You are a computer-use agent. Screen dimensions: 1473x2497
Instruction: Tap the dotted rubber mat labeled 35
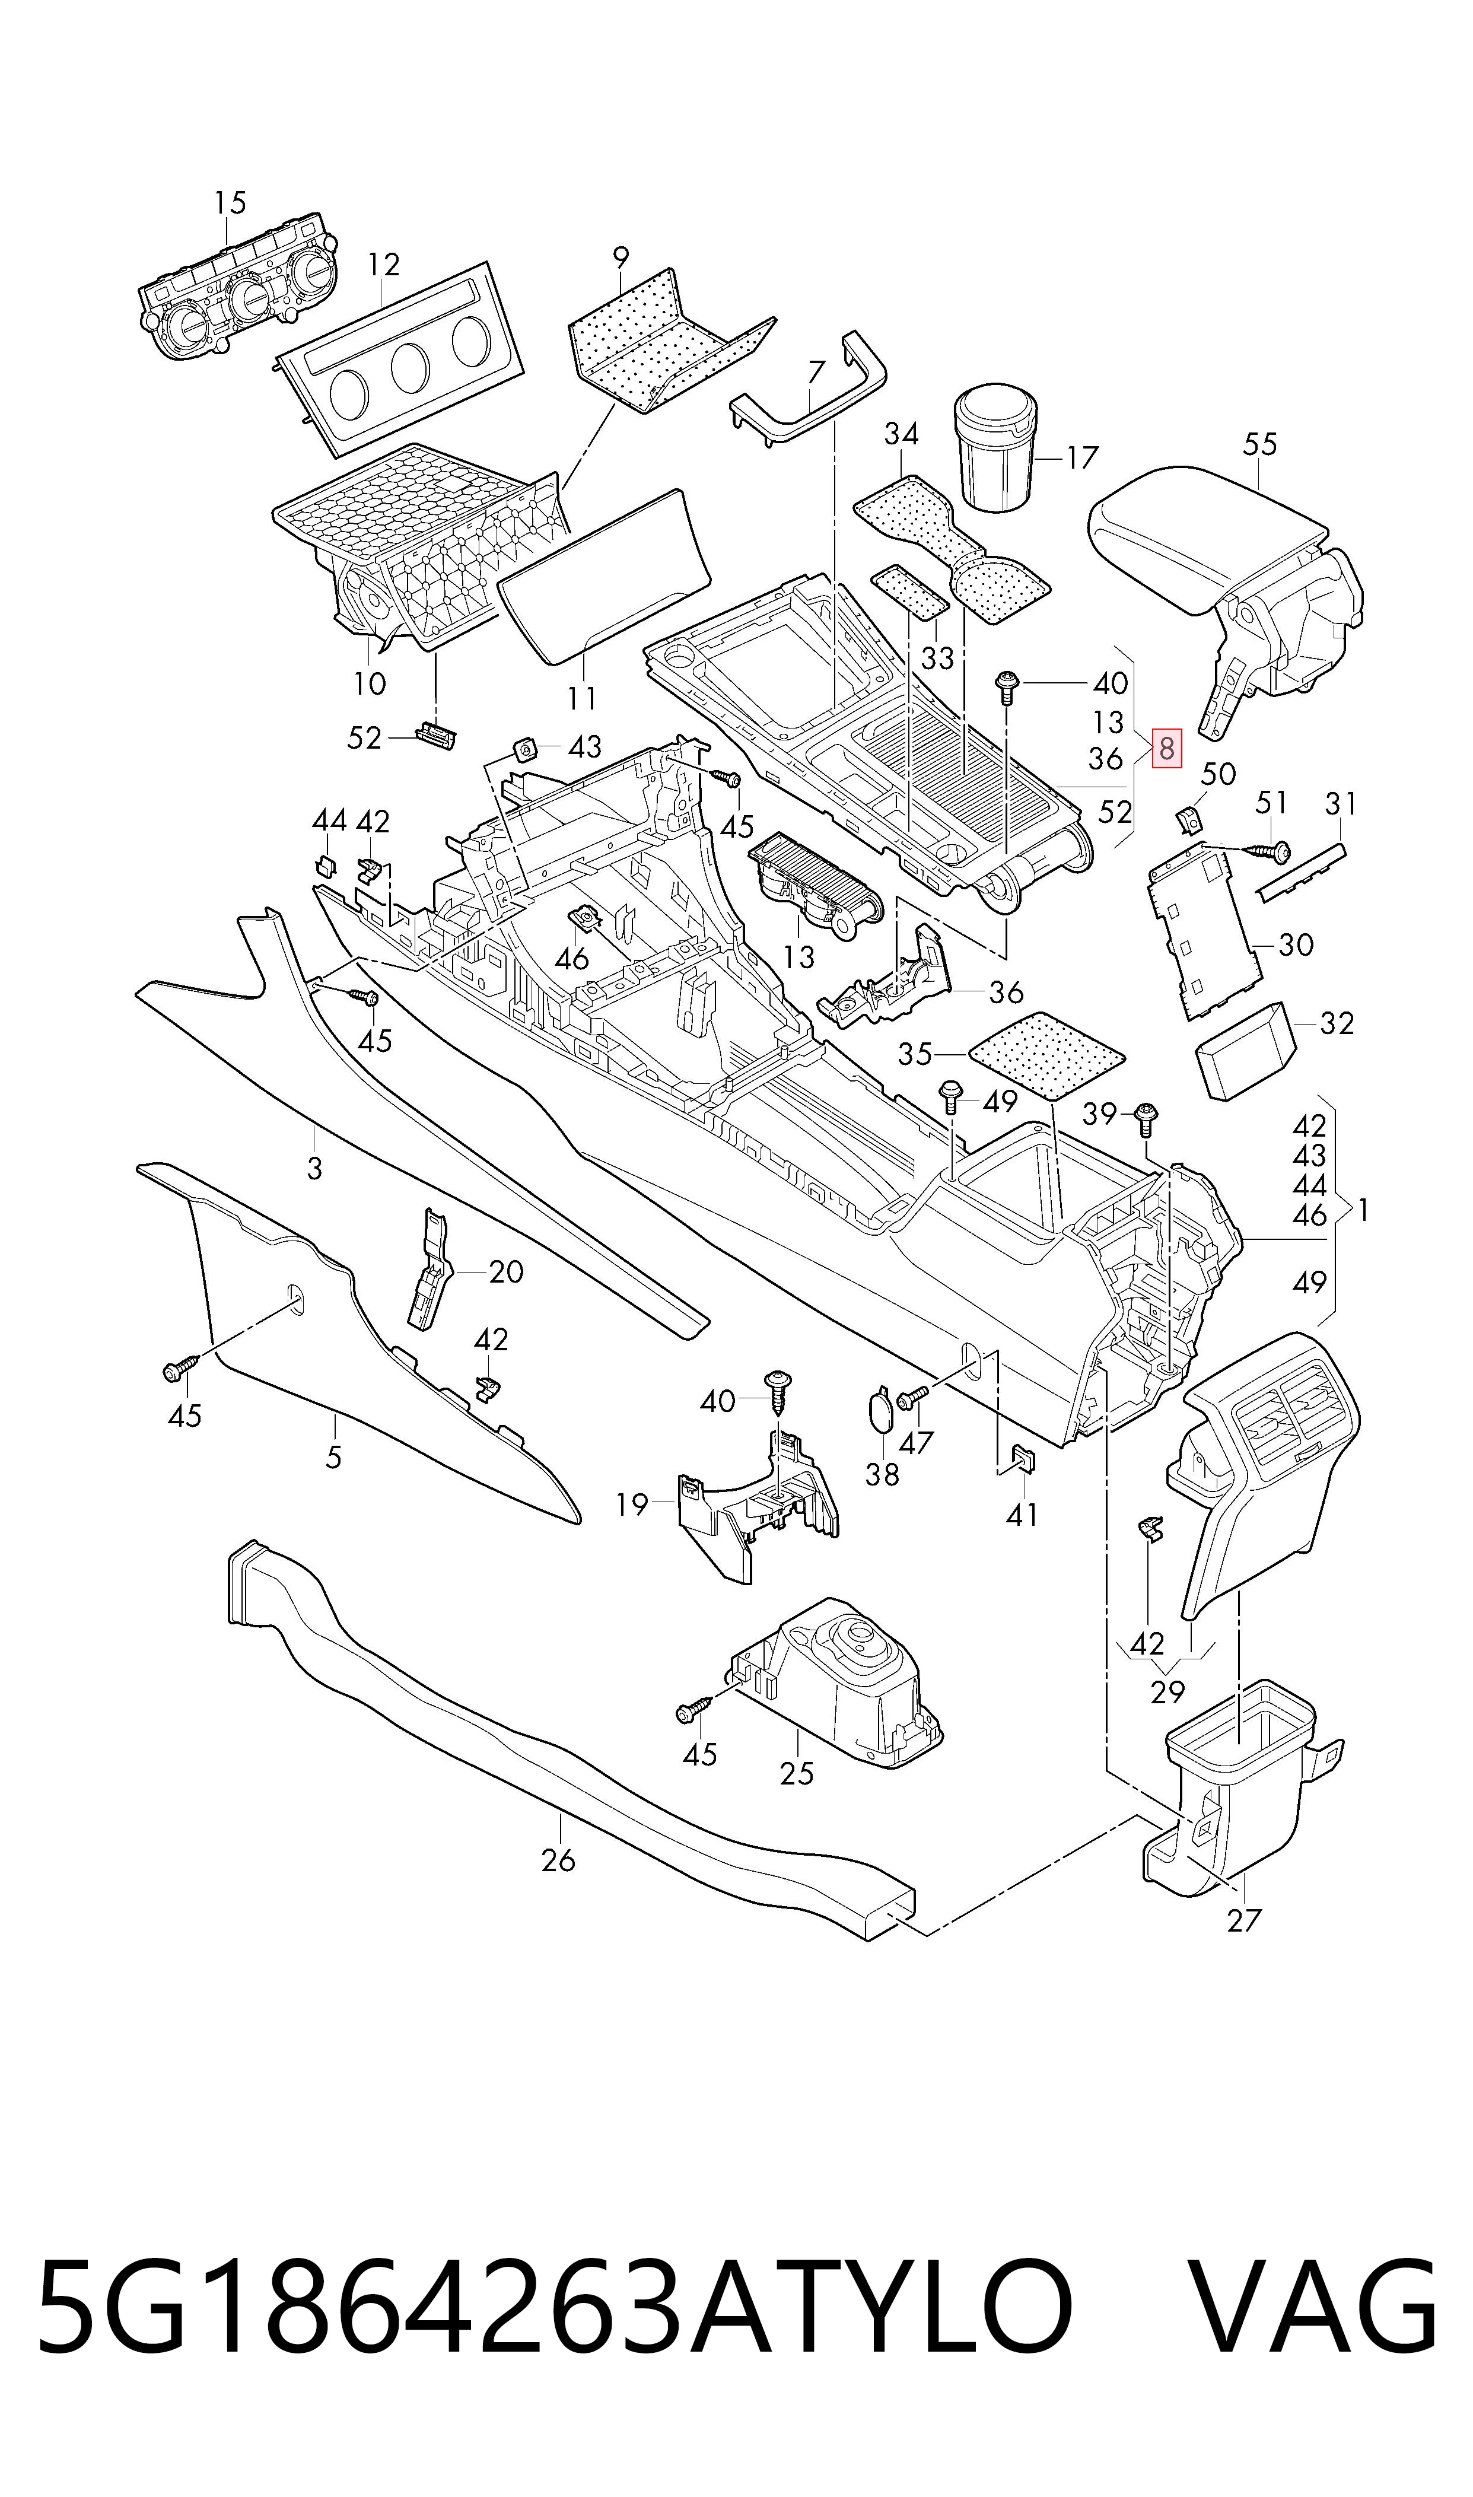[x=1046, y=1054]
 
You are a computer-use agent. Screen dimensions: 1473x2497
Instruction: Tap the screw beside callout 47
[x=913, y=1399]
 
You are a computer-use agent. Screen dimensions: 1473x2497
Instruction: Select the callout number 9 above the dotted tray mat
[x=621, y=258]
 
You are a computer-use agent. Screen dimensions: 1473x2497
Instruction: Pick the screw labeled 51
[x=1265, y=851]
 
